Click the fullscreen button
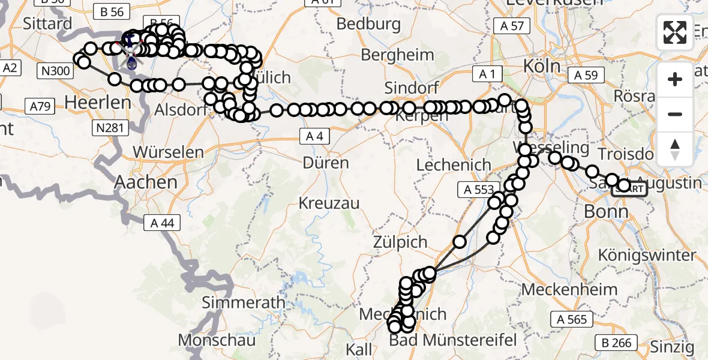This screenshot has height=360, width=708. coord(675,32)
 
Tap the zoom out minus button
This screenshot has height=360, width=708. coord(675,114)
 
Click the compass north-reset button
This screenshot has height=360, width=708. coord(675,149)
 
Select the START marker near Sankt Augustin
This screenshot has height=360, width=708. coord(629,190)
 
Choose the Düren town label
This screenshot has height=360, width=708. coord(326,163)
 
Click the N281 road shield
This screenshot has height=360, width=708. coord(107,128)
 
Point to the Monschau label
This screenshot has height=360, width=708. coord(217,340)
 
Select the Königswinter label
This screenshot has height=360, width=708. coord(647,255)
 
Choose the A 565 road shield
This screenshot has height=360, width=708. coord(573,319)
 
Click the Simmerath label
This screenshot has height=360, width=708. coord(244,302)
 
